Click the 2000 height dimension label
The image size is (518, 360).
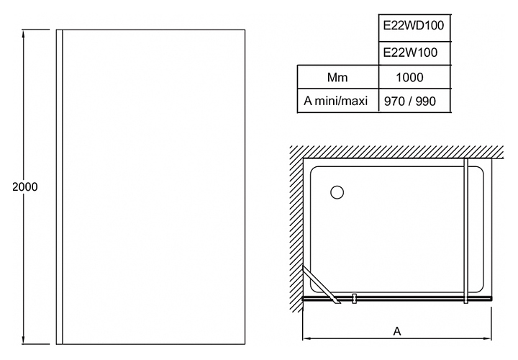(25, 186)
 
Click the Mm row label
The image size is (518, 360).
(337, 76)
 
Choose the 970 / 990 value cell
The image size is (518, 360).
(410, 101)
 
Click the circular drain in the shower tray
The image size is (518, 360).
(337, 192)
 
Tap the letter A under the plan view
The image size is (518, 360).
(396, 332)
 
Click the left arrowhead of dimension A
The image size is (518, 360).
(305, 339)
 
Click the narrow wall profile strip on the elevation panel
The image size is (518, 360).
(60, 186)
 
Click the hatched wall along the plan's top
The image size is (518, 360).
(396, 152)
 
